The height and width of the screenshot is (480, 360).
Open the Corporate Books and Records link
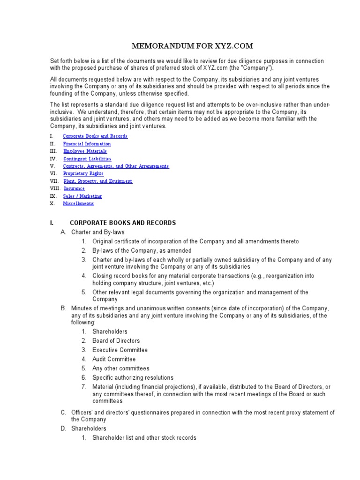(x=95, y=136)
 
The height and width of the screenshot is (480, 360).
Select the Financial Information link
(x=87, y=144)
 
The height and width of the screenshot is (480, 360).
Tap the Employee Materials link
(x=85, y=151)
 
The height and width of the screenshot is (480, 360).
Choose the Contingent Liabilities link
(x=87, y=159)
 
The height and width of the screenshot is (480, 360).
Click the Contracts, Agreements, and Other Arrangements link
(x=116, y=166)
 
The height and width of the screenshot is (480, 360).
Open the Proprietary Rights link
(x=83, y=173)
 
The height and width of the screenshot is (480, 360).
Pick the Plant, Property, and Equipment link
(x=97, y=181)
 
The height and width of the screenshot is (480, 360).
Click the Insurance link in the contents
(x=74, y=188)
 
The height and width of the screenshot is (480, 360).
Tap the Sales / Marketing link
(x=82, y=196)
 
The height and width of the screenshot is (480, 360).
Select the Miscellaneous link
(x=78, y=203)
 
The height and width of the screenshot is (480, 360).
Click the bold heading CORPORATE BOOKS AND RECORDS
(x=123, y=223)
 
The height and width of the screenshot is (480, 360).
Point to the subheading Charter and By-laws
(x=98, y=232)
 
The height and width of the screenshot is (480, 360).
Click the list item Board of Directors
(x=116, y=341)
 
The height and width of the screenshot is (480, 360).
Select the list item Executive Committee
(x=120, y=350)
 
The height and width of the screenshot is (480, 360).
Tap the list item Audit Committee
(x=114, y=359)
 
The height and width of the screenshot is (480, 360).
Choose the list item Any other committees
(x=121, y=368)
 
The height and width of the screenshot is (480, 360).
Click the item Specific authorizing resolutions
(x=133, y=377)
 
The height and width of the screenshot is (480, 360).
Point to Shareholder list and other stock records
(x=144, y=438)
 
